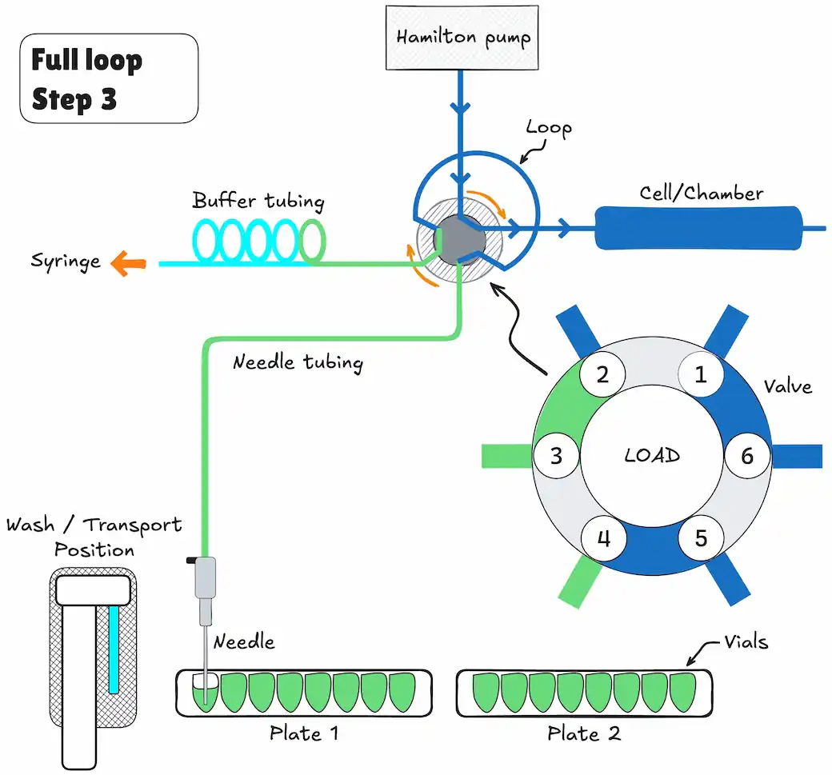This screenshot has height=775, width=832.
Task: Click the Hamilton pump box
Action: (x=462, y=38)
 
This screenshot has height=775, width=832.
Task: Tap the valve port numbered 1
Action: (x=701, y=374)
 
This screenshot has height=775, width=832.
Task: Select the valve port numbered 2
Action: (x=602, y=374)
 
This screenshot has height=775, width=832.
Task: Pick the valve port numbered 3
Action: (x=555, y=456)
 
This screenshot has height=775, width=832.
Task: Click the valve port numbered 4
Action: (x=604, y=538)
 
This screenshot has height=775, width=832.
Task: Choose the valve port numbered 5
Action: (x=701, y=538)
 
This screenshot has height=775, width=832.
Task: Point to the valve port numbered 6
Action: (x=747, y=456)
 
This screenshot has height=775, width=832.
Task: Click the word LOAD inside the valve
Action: (x=652, y=455)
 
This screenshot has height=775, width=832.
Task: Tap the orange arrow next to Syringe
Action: (x=128, y=263)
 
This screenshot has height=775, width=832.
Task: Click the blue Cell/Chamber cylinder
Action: (x=698, y=228)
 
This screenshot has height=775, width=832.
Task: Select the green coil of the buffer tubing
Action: (x=313, y=242)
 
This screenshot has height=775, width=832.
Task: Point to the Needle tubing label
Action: (x=298, y=362)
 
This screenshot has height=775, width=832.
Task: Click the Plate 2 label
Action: (x=584, y=733)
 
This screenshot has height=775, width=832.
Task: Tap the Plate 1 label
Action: (x=303, y=733)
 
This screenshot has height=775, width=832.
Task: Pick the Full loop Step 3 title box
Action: (x=109, y=78)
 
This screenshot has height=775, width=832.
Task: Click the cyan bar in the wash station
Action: (x=114, y=649)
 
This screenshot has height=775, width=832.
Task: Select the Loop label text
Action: (x=549, y=129)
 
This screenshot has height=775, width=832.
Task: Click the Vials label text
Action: (x=746, y=642)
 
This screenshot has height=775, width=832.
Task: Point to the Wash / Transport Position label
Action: (x=94, y=537)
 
